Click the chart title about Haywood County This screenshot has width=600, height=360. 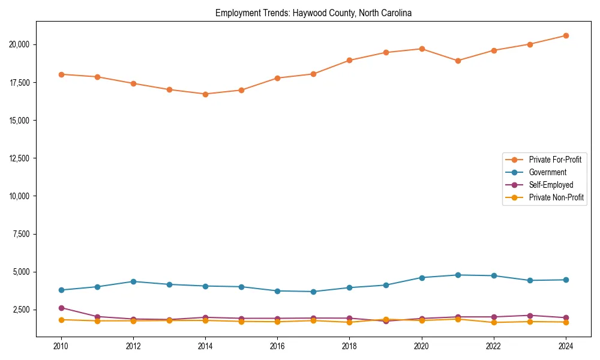pos(313,13)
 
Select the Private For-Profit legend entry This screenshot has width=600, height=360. pos(555,160)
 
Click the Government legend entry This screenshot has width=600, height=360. pos(547,172)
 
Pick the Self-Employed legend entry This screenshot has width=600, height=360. pos(551,185)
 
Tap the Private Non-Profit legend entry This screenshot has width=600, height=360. pos(556,197)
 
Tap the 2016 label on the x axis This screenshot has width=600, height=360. pos(277,346)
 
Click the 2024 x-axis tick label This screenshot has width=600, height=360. pos(566,346)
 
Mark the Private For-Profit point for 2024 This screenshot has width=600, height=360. pos(566,35)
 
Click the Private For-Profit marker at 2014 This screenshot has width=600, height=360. pos(205,94)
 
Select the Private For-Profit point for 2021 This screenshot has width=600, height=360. pos(458,61)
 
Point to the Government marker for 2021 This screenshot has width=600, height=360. pos(458,275)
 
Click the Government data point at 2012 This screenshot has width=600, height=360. pos(133,281)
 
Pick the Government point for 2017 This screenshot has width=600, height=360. pos(313,292)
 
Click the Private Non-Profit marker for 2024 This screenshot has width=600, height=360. pos(566,322)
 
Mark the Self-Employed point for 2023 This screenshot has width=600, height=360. pos(530,316)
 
